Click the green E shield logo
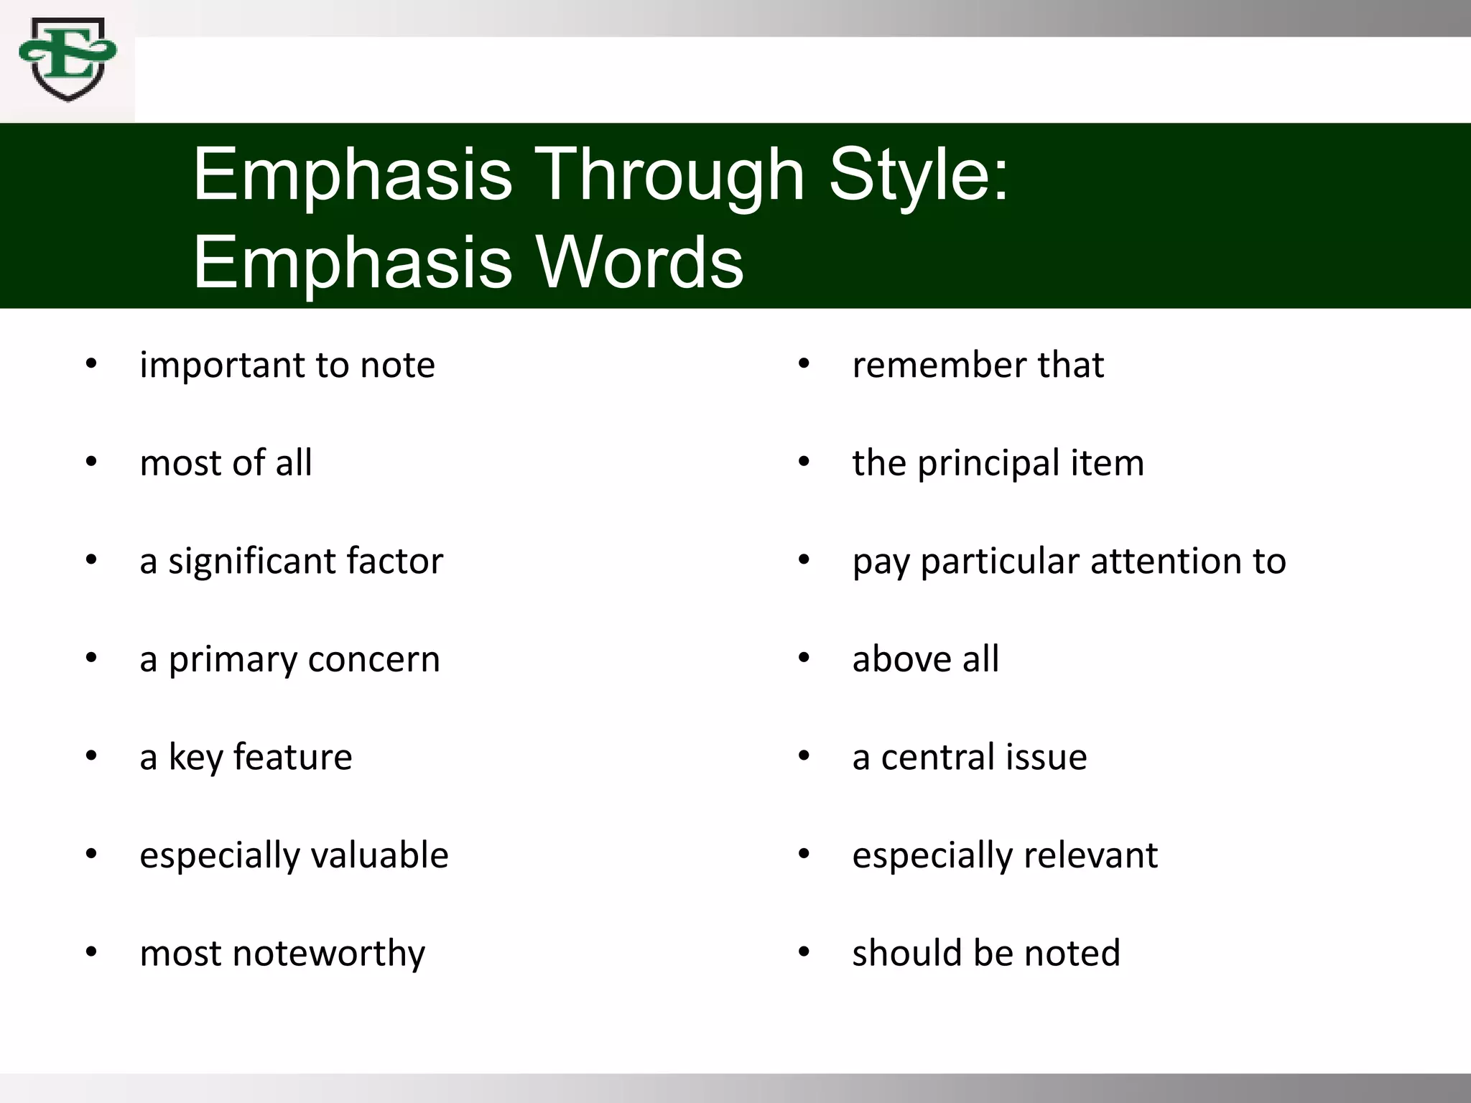coord(68,60)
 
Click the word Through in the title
coord(671,175)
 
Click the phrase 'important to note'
coord(287,365)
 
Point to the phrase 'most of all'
coord(226,462)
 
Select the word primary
coord(232,659)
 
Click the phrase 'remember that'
coord(978,365)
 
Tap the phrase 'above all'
coord(925,659)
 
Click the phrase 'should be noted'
coord(986,954)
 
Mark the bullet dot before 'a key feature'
coord(91,757)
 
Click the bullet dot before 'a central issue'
coord(804,757)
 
